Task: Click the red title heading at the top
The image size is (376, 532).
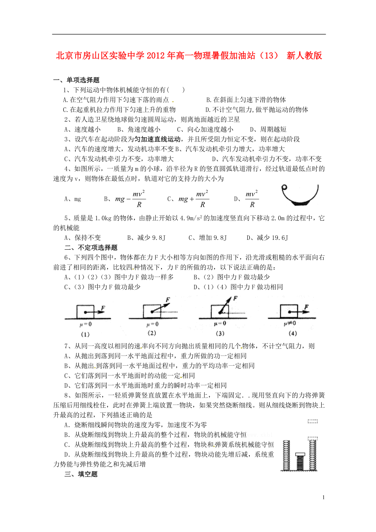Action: click(x=188, y=56)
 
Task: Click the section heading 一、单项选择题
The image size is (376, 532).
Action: click(x=76, y=80)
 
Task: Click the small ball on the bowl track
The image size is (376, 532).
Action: click(x=284, y=188)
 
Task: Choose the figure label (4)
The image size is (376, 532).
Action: click(x=290, y=333)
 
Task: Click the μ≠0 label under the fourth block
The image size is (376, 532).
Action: click(x=290, y=324)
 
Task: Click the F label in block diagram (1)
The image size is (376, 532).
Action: click(x=103, y=307)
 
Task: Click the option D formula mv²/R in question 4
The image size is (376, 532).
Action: click(x=252, y=199)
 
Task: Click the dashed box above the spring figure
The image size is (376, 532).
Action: click(x=313, y=421)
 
